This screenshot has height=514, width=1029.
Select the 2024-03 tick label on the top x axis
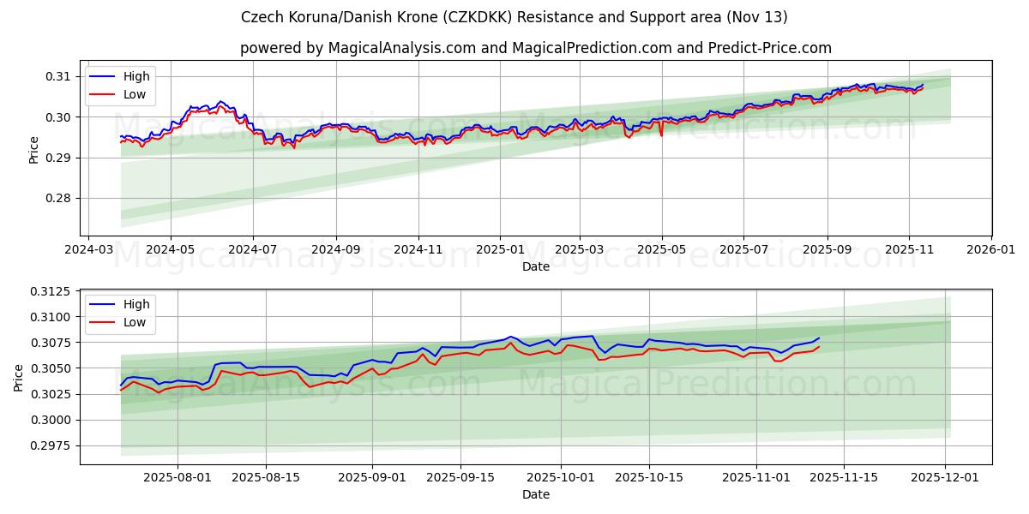pyautogui.click(x=88, y=250)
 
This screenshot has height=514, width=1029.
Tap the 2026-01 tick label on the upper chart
pyautogui.click(x=990, y=250)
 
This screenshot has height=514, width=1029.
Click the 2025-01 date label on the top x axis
pyautogui.click(x=499, y=250)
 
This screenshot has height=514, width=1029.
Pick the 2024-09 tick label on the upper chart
pyautogui.click(x=335, y=250)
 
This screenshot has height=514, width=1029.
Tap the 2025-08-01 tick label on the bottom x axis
pyautogui.click(x=178, y=478)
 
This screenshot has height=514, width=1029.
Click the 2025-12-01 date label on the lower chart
pyautogui.click(x=945, y=478)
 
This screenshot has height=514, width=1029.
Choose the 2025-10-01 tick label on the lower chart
pyautogui.click(x=561, y=478)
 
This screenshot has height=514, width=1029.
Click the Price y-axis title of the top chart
pyautogui.click(x=34, y=149)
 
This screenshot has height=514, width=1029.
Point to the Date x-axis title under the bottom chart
pyautogui.click(x=536, y=494)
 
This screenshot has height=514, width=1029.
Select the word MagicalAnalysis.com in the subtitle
pyautogui.click(x=401, y=48)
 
